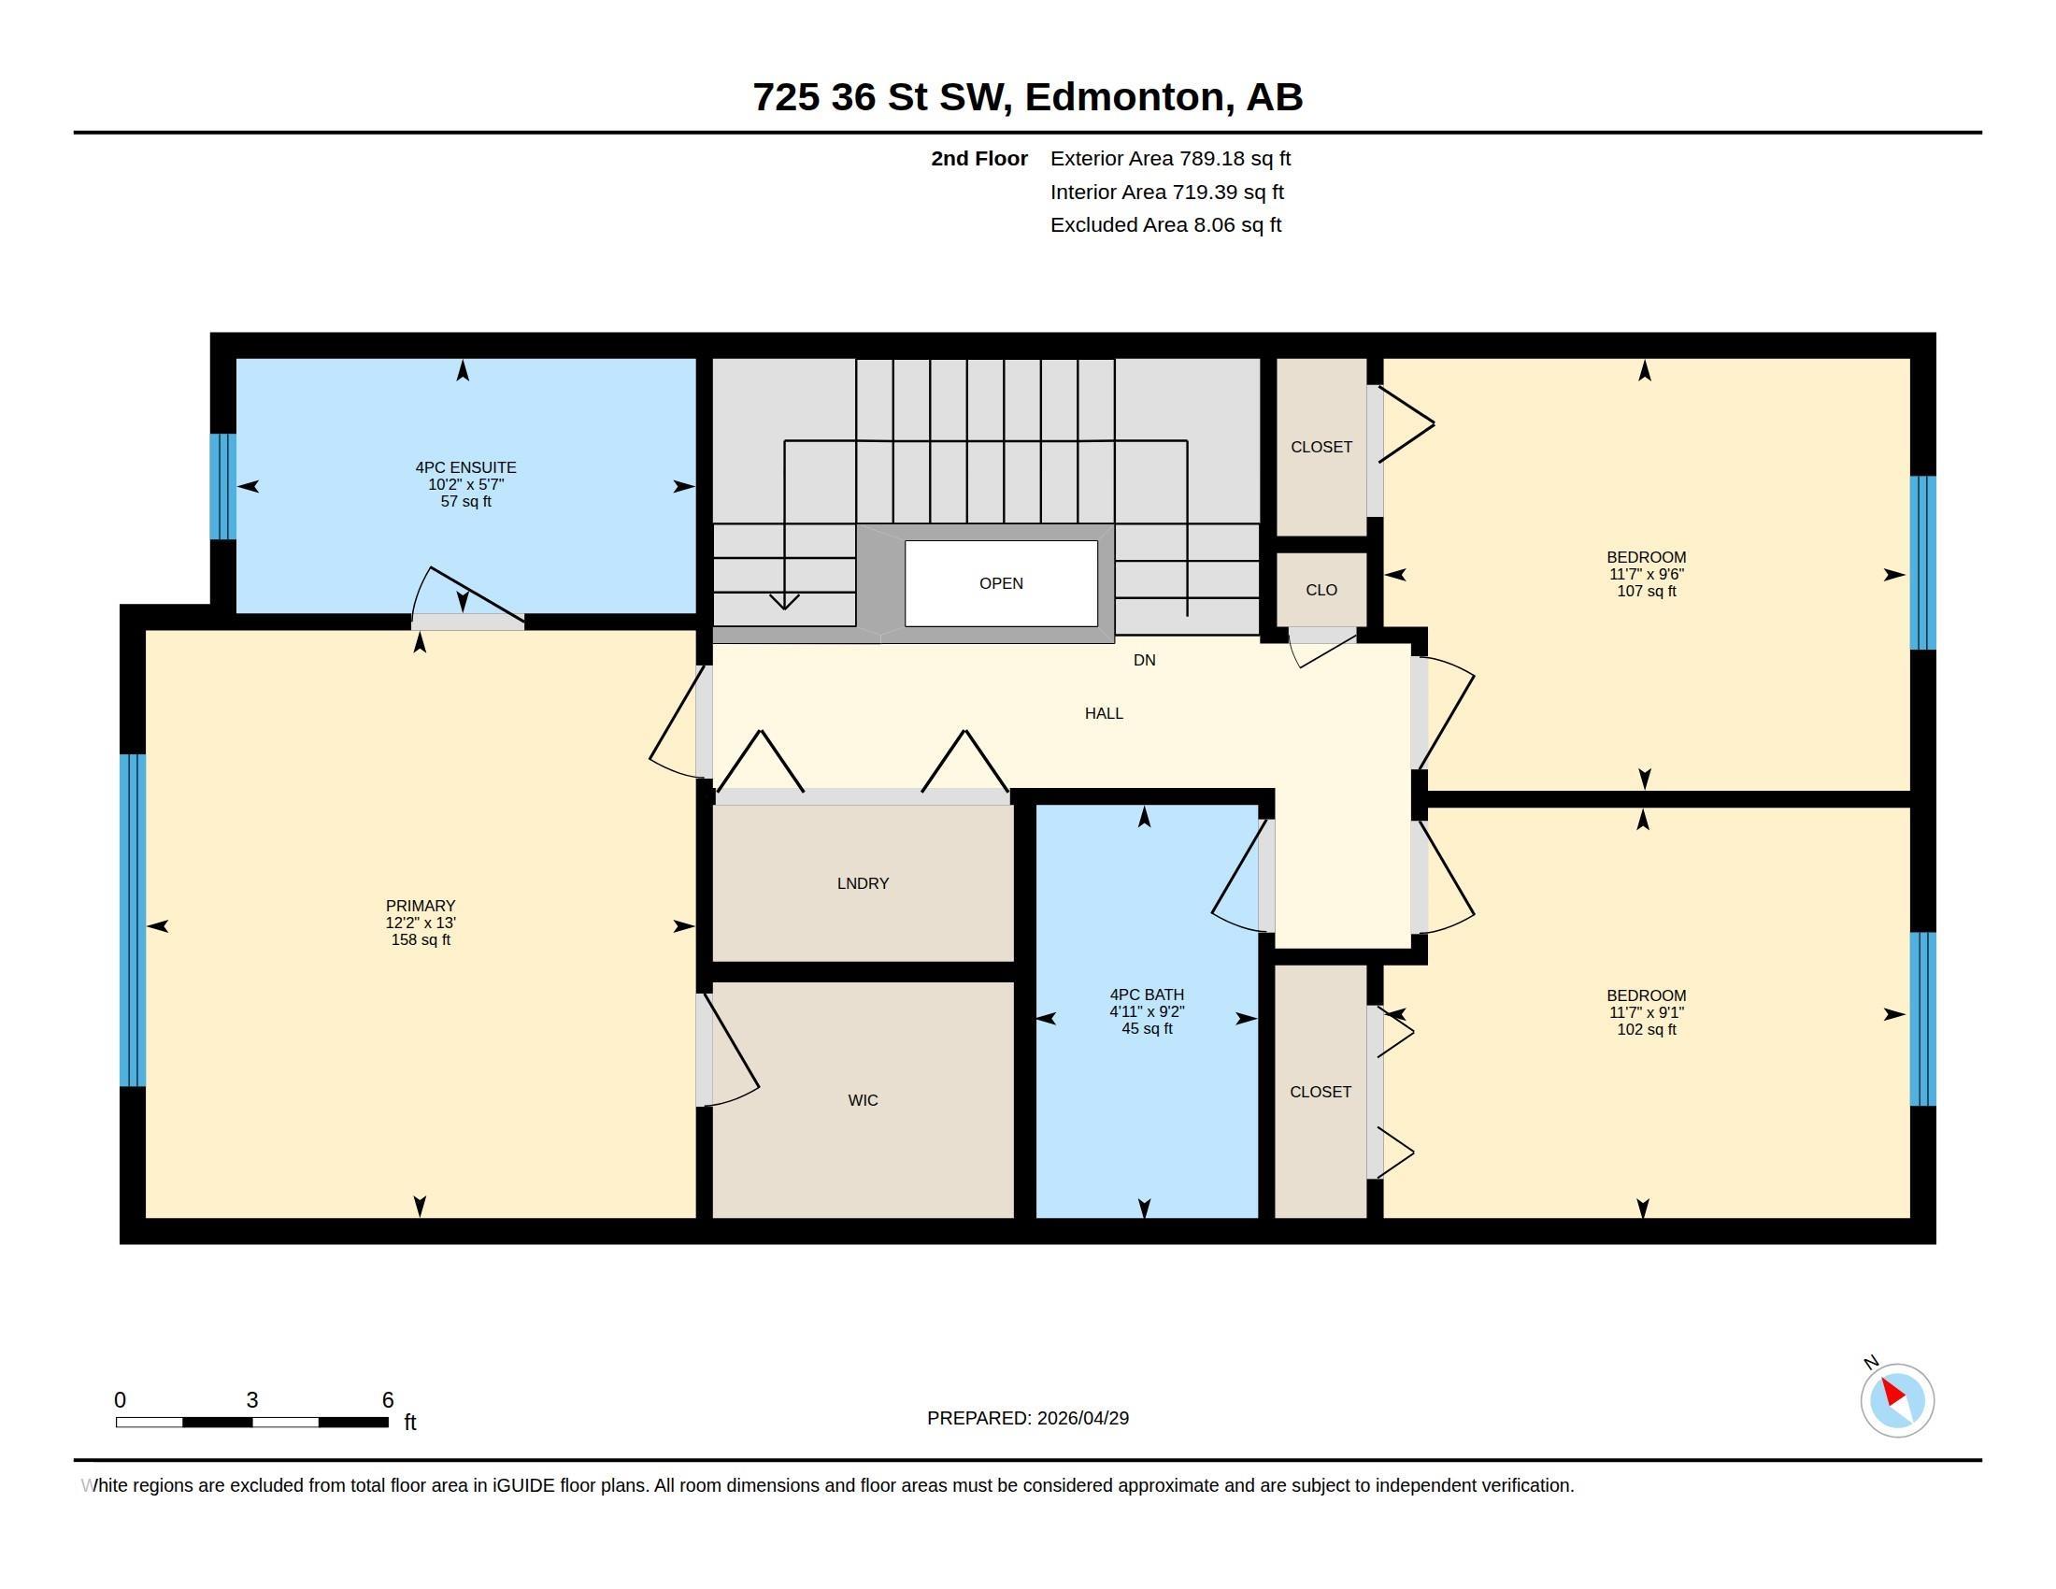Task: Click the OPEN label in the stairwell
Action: point(1001,583)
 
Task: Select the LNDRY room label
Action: point(863,883)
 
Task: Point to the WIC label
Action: point(863,1099)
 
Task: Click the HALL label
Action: point(1104,713)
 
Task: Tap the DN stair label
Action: point(1144,660)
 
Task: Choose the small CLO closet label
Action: point(1321,590)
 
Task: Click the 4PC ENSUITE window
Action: point(223,487)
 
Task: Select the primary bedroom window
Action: point(133,920)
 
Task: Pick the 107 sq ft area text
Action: point(1646,591)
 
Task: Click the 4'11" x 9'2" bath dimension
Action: point(1146,1012)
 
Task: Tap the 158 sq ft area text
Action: point(420,939)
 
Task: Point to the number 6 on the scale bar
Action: point(387,1400)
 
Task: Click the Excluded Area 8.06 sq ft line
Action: point(1165,225)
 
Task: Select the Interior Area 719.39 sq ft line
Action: point(1166,192)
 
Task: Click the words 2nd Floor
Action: point(979,158)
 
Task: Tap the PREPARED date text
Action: point(1028,1418)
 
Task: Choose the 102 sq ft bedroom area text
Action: point(1646,1029)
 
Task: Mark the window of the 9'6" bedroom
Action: point(1922,563)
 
